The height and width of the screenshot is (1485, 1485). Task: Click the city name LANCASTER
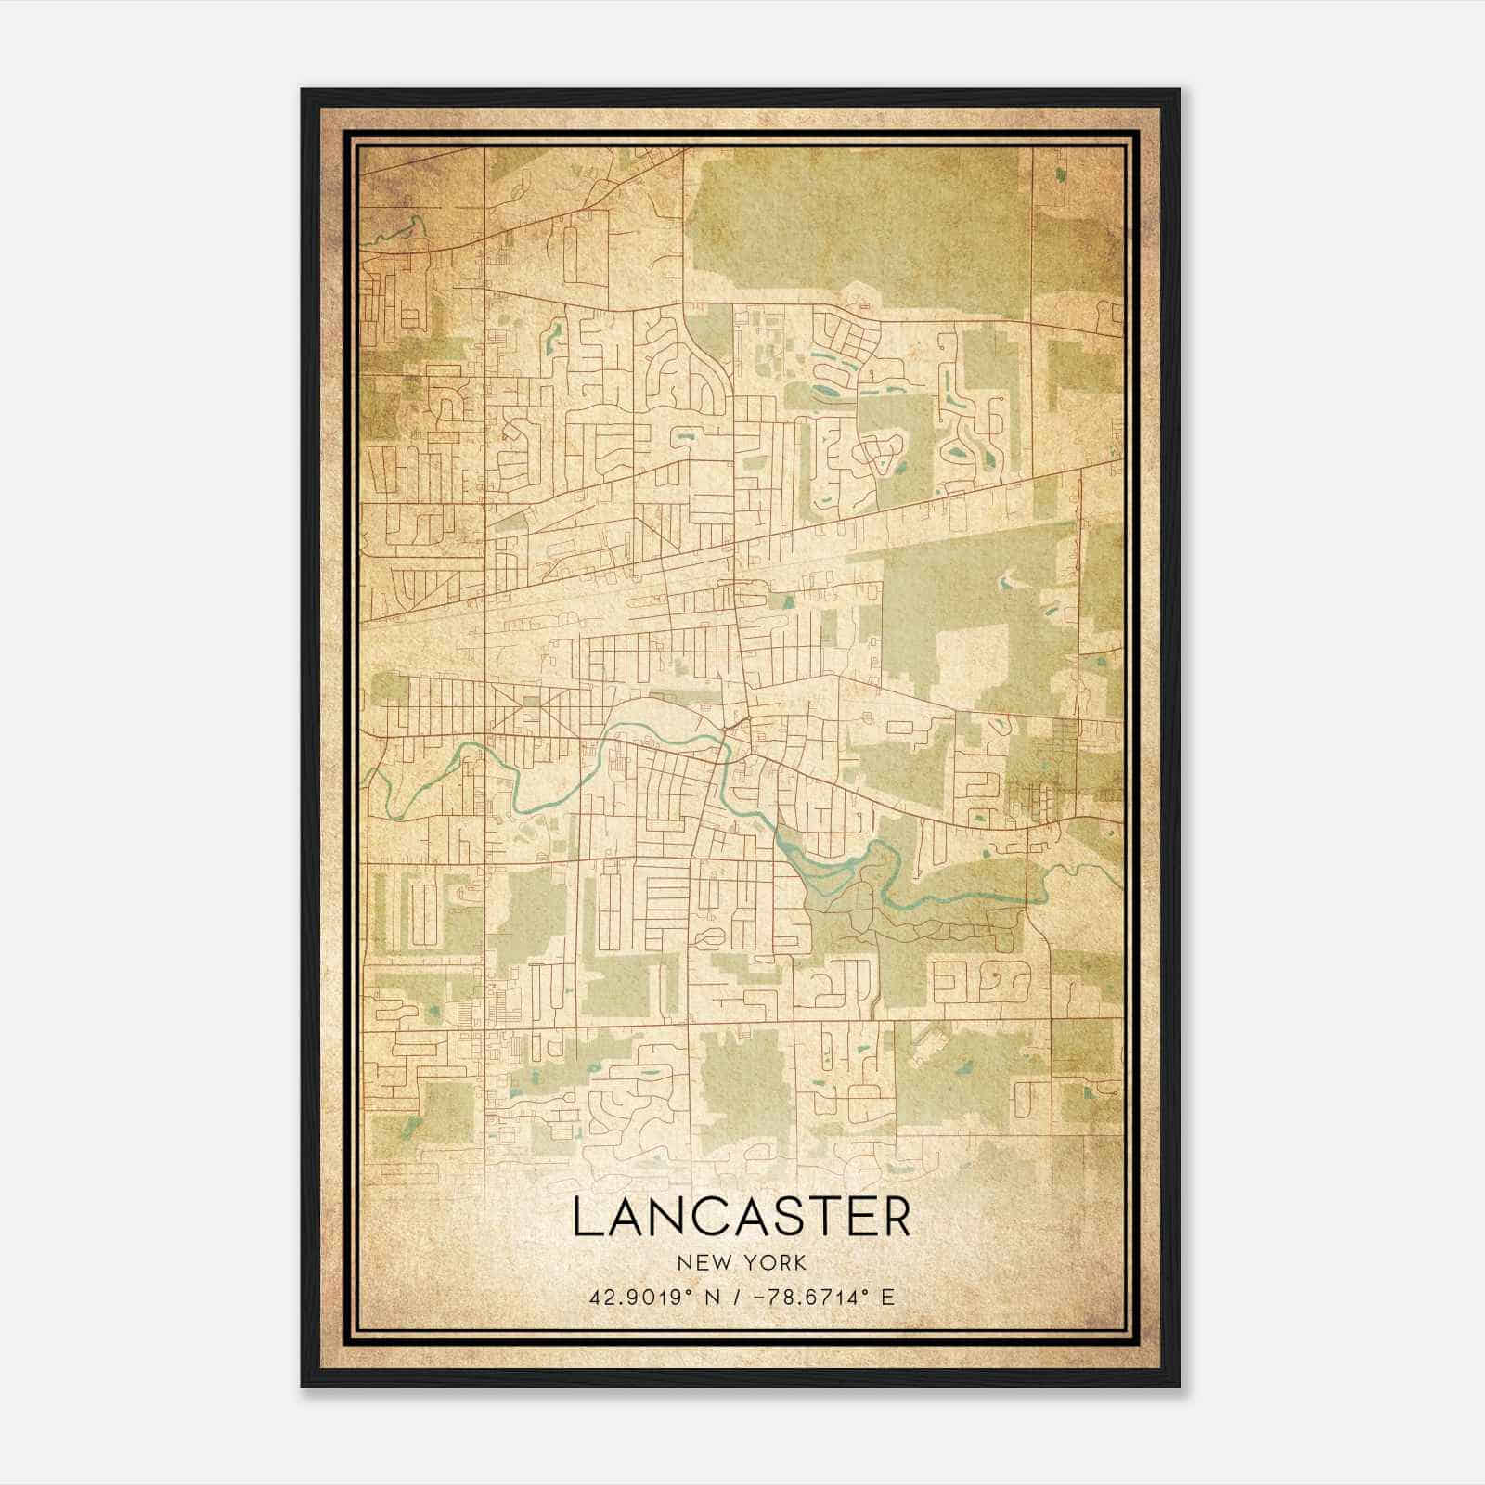coord(742,1217)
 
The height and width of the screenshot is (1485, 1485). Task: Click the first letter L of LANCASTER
coord(585,1217)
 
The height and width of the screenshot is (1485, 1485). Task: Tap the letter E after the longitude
coord(887,1297)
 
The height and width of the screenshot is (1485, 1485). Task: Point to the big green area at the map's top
coord(854,223)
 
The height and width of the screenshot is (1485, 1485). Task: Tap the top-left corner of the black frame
coord(303,90)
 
